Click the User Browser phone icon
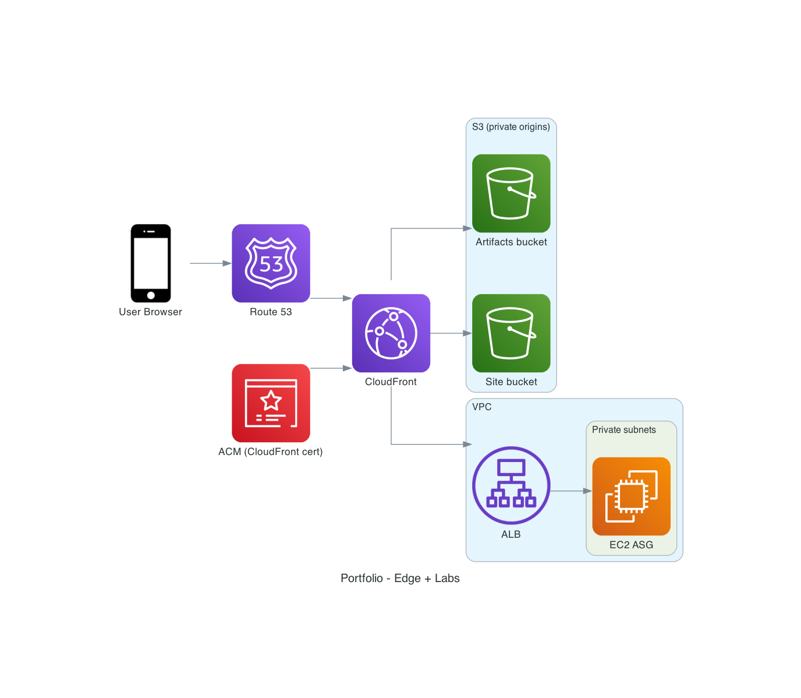(x=151, y=263)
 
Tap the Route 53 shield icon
(x=271, y=263)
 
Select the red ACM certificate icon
(x=271, y=403)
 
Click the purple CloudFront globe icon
(x=391, y=333)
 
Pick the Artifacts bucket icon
(x=511, y=193)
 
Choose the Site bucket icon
(x=511, y=333)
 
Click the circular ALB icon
(x=511, y=485)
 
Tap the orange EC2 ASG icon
(x=631, y=496)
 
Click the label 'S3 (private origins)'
(x=511, y=127)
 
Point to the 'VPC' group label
(x=481, y=407)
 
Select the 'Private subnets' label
(x=623, y=430)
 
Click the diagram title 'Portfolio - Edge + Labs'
(x=400, y=578)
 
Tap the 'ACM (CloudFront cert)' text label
(x=270, y=452)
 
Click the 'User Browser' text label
(x=150, y=312)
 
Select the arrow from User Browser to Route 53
(x=210, y=263)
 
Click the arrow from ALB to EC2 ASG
(x=570, y=491)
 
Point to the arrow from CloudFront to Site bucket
(x=451, y=333)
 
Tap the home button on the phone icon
(x=151, y=295)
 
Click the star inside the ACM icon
(x=271, y=401)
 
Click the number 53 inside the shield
(x=271, y=265)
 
